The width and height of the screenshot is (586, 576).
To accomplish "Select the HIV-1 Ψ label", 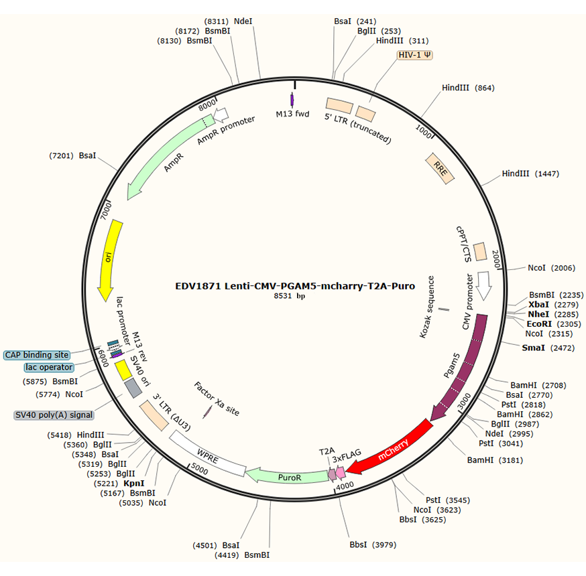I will (415, 55).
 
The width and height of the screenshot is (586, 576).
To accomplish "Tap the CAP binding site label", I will (36, 355).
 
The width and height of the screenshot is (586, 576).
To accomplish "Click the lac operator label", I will (48, 367).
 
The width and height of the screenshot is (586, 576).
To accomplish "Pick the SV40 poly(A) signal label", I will (54, 415).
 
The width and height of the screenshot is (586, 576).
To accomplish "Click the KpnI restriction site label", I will (134, 482).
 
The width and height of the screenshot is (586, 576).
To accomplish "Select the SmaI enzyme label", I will (534, 348).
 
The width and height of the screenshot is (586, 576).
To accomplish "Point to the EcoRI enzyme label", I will (539, 323).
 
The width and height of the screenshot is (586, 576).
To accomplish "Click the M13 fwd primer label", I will (293, 114).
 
